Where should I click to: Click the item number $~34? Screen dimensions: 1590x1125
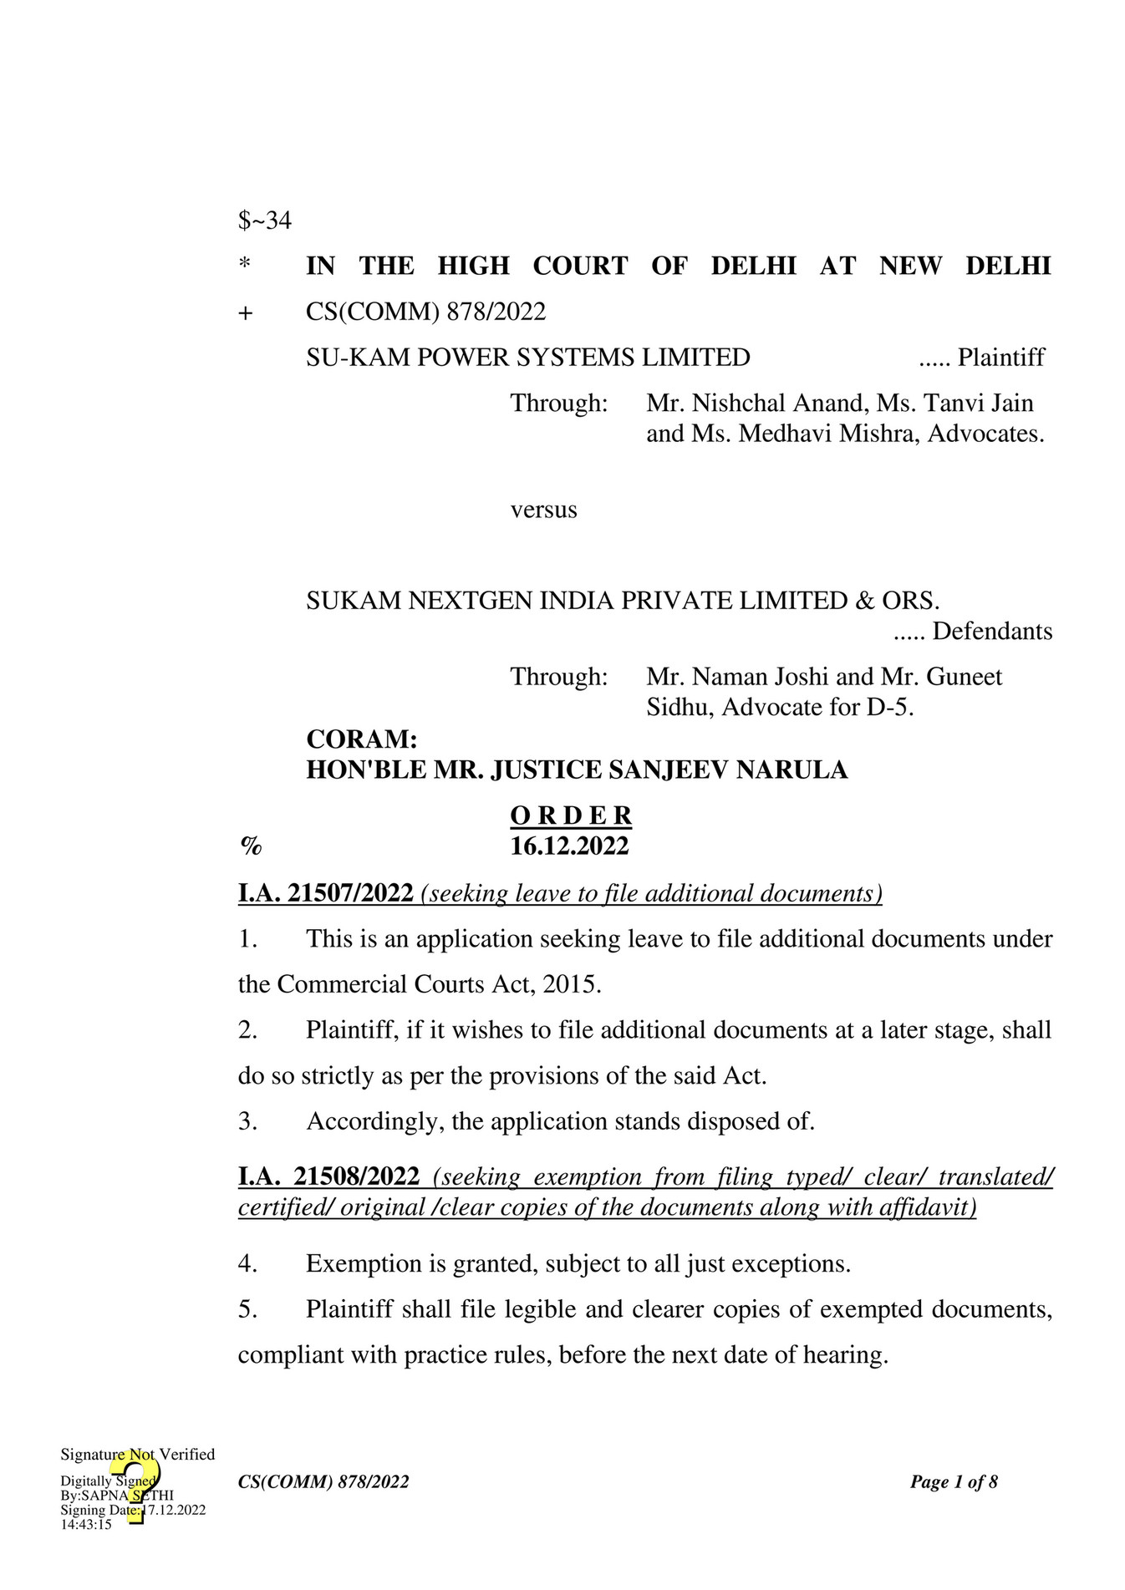(x=264, y=221)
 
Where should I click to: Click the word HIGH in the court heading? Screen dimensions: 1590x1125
(x=473, y=266)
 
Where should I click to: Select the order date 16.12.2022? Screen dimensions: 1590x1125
(x=569, y=846)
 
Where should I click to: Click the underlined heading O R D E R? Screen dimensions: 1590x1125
(x=571, y=815)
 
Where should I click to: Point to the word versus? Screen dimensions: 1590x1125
(x=543, y=510)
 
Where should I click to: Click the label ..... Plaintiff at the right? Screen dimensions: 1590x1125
(x=981, y=358)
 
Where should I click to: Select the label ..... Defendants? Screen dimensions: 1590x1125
(x=972, y=631)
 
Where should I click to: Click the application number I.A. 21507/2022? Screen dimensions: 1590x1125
(x=325, y=893)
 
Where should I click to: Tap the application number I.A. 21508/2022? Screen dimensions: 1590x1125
(x=328, y=1176)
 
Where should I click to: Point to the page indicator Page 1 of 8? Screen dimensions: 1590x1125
(x=954, y=1482)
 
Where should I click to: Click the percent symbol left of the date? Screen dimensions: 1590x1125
(x=251, y=846)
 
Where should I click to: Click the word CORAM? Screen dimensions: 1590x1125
(x=361, y=739)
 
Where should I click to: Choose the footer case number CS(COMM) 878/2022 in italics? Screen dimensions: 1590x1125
(x=323, y=1482)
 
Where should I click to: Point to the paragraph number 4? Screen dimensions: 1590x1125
(x=247, y=1263)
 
